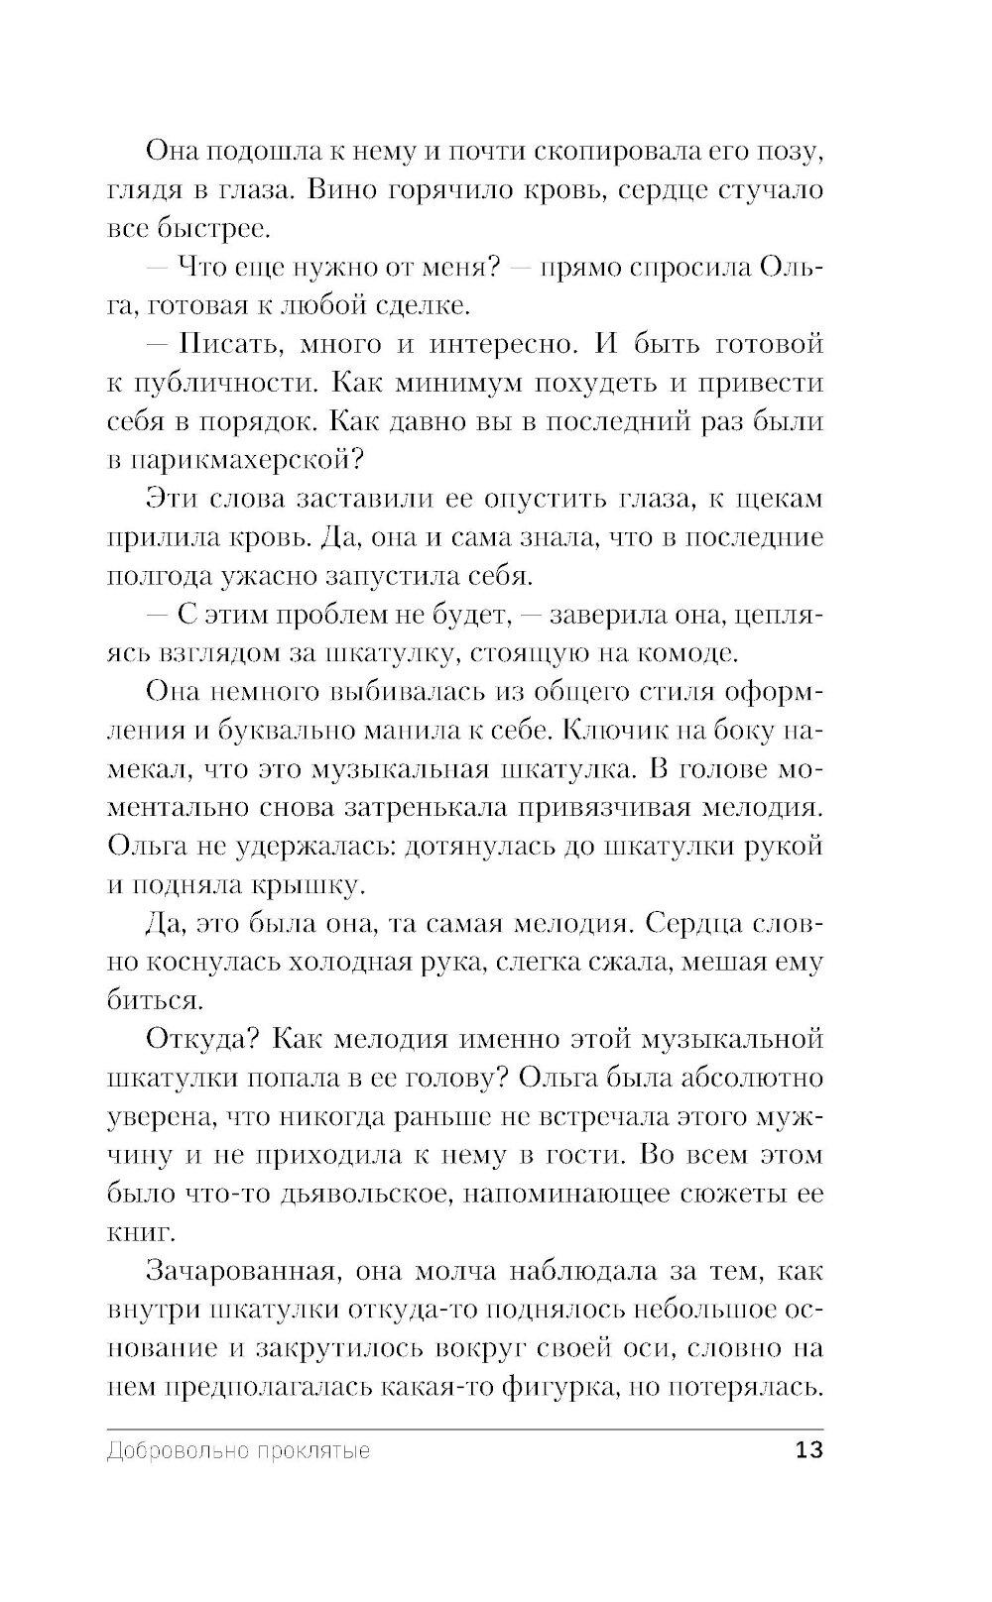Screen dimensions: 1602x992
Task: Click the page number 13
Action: pos(808,1450)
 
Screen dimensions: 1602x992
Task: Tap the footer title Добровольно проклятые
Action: pos(238,1451)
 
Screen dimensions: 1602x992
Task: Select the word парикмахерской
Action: pos(248,461)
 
